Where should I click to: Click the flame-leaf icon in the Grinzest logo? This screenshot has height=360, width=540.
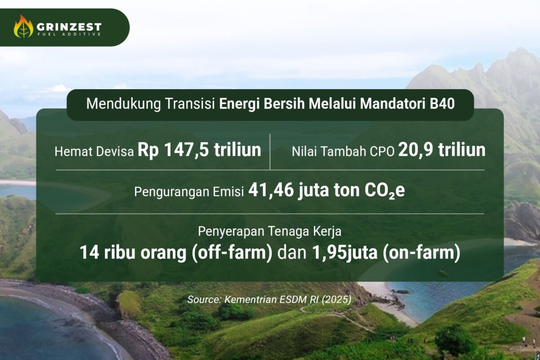[x=23, y=27]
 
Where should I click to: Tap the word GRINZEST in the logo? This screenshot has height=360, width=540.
[x=69, y=27]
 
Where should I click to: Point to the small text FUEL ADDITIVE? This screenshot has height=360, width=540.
[x=69, y=34]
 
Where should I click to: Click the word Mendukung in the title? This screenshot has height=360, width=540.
[x=124, y=104]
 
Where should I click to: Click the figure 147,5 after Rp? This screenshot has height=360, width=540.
[x=186, y=150]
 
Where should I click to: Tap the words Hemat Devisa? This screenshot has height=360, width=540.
[x=94, y=152]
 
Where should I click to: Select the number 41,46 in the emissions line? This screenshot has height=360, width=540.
[x=271, y=190]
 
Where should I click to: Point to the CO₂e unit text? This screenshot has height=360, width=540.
[x=384, y=191]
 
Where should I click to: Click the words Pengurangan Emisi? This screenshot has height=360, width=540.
[x=189, y=192]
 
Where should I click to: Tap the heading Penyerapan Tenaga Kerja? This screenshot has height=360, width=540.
[x=269, y=232]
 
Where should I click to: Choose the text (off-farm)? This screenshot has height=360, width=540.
[x=232, y=253]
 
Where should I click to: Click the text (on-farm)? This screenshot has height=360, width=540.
[x=421, y=253]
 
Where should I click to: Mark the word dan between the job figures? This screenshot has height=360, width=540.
[x=292, y=253]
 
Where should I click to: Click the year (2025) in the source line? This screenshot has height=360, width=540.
[x=336, y=300]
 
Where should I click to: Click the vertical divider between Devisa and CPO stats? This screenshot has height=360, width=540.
[x=270, y=152]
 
